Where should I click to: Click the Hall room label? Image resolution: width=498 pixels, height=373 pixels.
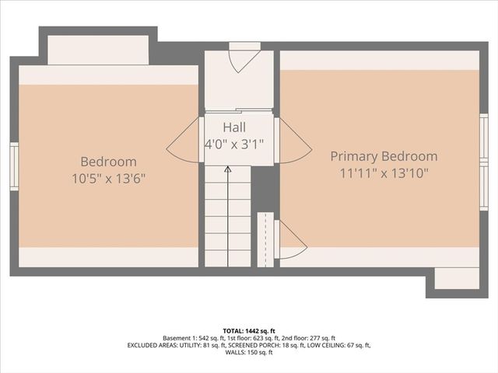click(234, 127)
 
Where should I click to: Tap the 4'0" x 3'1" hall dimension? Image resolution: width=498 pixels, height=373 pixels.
click(234, 143)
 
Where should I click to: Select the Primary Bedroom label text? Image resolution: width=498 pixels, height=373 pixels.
click(384, 156)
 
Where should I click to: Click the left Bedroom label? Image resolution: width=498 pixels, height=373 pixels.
click(109, 162)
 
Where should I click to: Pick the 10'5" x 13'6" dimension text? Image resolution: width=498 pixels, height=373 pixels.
click(109, 177)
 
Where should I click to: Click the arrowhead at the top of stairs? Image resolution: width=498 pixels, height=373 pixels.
click(227, 168)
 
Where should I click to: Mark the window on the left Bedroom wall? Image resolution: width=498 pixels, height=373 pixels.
click(13, 166)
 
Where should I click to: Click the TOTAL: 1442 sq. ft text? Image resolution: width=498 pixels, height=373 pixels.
click(249, 330)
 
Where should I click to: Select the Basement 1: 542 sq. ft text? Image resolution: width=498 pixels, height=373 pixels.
click(191, 338)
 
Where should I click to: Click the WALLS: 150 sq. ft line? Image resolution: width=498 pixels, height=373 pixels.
click(249, 353)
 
